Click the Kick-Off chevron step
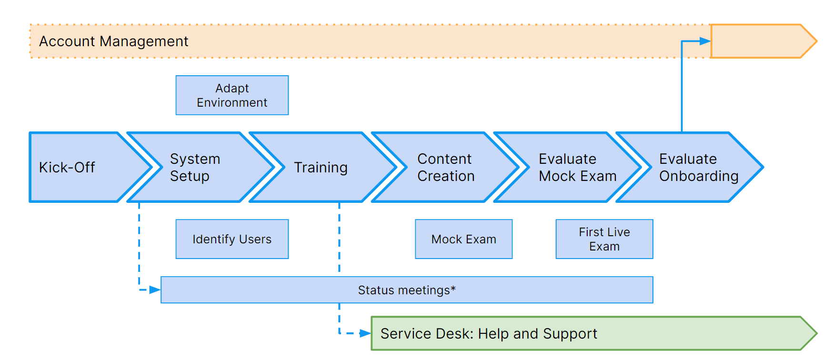86,167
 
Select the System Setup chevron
200,167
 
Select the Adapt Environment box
232,95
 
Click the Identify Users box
232,239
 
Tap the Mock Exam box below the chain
464,239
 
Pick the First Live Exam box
604,239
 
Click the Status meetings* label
407,290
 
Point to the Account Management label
114,41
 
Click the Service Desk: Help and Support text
489,334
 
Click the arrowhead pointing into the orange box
705,41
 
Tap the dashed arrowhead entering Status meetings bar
155,290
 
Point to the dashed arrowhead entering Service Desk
365,333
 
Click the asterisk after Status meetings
453,288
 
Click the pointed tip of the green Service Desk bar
816,333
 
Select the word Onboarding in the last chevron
699,176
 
